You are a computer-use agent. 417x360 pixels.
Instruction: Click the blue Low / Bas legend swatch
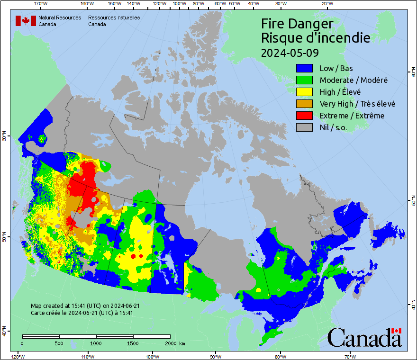click(305, 68)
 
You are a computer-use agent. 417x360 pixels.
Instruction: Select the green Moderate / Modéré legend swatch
click(305, 80)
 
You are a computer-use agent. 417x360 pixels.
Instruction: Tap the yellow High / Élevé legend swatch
click(305, 92)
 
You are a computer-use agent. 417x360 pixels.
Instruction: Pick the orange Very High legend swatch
click(305, 104)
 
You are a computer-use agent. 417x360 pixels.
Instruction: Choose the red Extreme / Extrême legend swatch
click(305, 116)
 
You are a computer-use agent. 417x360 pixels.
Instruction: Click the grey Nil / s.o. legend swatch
click(305, 127)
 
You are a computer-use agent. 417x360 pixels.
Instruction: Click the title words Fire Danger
click(297, 24)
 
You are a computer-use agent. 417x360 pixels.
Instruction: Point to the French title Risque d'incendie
click(315, 38)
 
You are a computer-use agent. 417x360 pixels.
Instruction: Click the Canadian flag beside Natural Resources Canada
click(26, 21)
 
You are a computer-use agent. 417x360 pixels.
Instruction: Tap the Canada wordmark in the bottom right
click(364, 337)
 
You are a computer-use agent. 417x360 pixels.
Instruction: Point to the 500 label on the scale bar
click(59, 343)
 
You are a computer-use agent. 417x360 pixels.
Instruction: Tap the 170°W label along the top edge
click(41, 4)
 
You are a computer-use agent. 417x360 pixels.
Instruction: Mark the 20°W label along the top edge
click(326, 4)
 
